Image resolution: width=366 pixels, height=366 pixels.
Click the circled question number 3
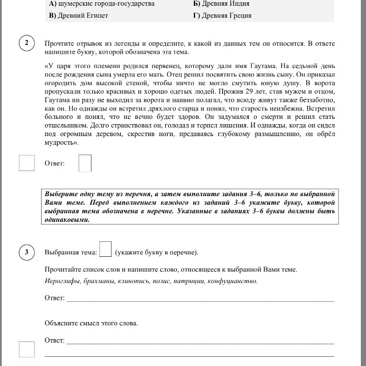click(26, 252)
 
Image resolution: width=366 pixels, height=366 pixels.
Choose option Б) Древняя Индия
click(221, 3)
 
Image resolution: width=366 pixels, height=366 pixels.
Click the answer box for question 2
click(85, 163)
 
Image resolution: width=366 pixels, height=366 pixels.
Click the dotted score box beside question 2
click(26, 163)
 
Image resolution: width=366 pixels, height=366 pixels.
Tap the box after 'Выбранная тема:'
click(105, 249)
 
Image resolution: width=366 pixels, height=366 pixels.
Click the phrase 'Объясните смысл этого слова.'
click(91, 323)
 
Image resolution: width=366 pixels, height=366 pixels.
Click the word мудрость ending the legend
click(60, 142)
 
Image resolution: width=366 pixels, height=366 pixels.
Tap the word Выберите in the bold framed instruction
click(62, 193)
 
